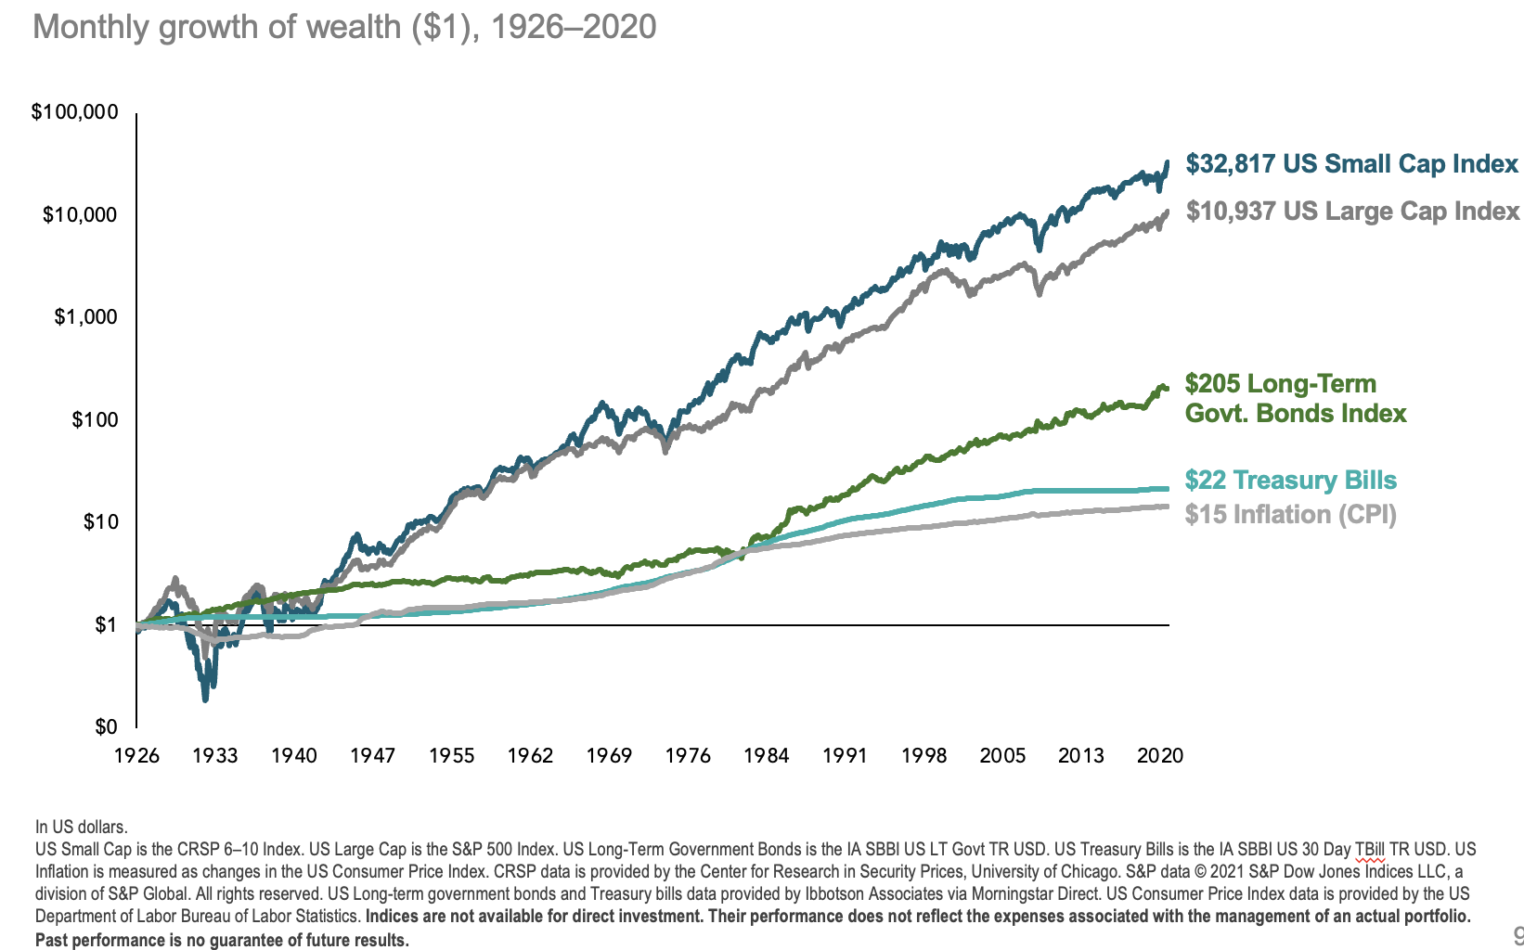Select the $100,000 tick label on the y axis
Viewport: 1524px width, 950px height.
75,112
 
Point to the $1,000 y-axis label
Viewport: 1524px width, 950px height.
86,317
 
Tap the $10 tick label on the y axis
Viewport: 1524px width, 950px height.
100,521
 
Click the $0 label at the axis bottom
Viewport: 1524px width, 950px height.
106,726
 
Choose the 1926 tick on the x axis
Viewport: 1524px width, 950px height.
136,755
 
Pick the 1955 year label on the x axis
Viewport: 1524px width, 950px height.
451,755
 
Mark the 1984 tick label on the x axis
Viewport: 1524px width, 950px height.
766,755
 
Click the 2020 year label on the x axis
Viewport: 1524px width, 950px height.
1160,755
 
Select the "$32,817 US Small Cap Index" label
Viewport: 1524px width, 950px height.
1351,165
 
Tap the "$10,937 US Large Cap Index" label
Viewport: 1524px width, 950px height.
1352,212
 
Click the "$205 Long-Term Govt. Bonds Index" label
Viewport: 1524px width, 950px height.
1296,399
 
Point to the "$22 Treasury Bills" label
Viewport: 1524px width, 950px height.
1290,481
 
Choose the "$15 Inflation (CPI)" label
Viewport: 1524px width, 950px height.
1290,515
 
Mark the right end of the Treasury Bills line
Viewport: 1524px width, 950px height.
1167,489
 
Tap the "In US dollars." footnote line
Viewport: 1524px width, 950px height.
82,827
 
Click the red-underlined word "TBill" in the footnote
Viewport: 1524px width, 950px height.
1369,849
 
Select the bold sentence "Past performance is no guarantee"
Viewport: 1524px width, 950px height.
222,940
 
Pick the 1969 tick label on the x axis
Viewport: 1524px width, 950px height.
609,755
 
